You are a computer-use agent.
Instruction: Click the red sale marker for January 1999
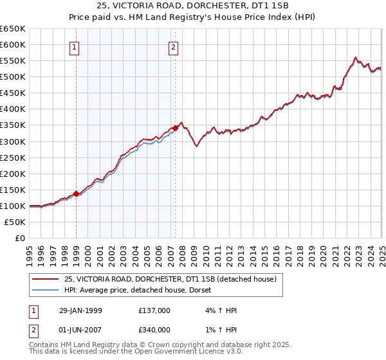point(76,193)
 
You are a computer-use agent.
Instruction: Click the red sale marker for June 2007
point(175,127)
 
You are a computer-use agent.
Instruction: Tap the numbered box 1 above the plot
point(75,46)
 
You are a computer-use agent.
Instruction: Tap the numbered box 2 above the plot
point(174,46)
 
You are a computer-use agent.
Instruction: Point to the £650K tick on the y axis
point(13,29)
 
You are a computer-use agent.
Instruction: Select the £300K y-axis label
point(13,141)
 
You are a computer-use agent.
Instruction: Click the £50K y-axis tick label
point(15,222)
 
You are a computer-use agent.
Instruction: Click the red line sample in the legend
point(46,279)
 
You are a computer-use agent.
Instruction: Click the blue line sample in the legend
point(46,291)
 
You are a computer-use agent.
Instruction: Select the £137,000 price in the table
point(154,310)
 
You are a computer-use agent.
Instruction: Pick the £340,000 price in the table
point(154,330)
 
